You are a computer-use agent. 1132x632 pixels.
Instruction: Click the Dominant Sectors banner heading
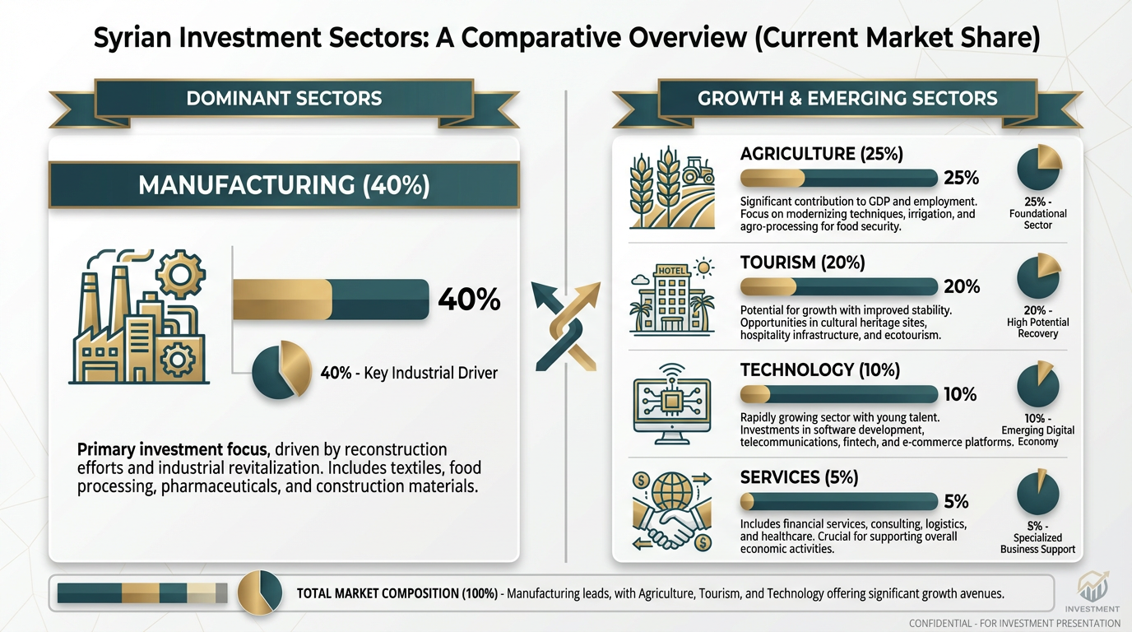pos(284,98)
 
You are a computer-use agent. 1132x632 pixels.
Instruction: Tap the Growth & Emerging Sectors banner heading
pos(847,98)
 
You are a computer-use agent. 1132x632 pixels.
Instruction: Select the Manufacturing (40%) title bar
pos(284,185)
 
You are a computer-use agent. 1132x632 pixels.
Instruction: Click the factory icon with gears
pos(139,317)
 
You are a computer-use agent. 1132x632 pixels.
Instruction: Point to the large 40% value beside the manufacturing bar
pos(469,300)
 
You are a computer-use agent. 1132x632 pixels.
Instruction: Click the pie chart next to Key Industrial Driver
pos(281,369)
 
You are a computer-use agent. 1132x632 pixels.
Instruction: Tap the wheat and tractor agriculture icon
pos(672,188)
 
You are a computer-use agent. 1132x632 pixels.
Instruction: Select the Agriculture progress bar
pos(839,178)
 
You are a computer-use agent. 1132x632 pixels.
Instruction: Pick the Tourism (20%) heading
pos(802,263)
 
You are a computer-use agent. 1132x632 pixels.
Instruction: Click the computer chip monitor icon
pos(672,404)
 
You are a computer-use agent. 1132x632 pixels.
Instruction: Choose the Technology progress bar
pos(839,394)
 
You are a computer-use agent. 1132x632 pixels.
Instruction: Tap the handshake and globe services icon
pos(672,511)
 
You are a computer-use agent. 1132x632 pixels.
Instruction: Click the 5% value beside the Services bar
pos(956,501)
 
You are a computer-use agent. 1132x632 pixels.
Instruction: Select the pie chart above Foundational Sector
pos(1039,167)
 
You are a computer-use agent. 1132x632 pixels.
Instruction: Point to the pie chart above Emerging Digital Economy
pos(1037,384)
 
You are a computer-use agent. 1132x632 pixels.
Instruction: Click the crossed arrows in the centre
pos(566,326)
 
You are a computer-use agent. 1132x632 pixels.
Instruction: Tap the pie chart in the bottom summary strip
pos(260,592)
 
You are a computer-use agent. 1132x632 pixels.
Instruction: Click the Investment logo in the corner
pos(1092,592)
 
